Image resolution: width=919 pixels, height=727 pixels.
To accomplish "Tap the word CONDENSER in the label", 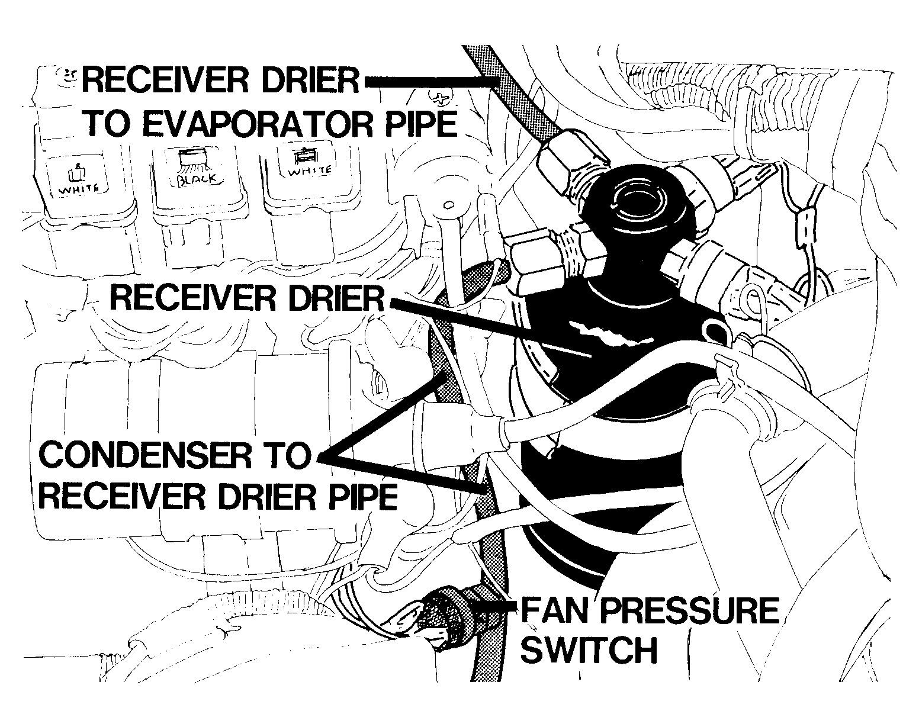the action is click(x=145, y=455).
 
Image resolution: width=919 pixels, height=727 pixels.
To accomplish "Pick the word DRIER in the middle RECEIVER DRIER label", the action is click(x=337, y=298).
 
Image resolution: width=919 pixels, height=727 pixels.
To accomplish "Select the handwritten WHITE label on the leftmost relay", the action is click(x=79, y=188).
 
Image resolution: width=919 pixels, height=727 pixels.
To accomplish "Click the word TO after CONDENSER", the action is click(x=284, y=455).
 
